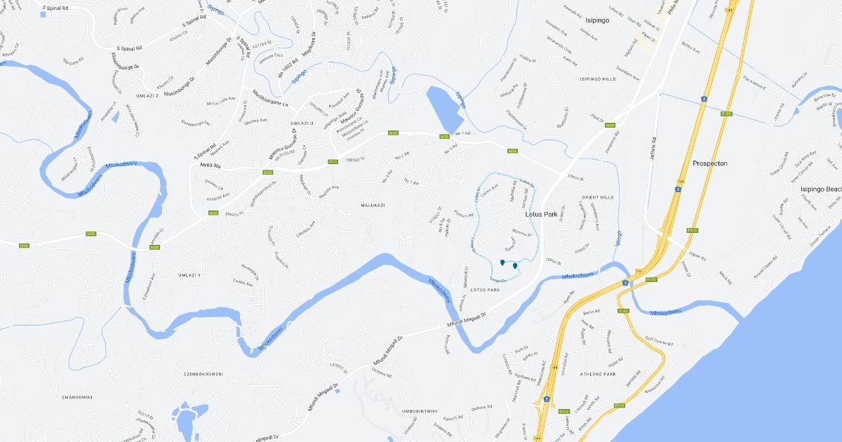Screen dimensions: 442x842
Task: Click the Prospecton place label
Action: (709, 163)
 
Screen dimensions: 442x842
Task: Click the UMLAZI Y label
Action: (189, 275)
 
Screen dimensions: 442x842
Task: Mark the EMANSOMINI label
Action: (77, 397)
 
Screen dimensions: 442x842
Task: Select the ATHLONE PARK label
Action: (598, 374)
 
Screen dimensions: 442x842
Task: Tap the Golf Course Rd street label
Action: (657, 340)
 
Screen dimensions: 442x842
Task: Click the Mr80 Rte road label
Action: (210, 166)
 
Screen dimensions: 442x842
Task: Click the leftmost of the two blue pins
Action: (502, 262)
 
